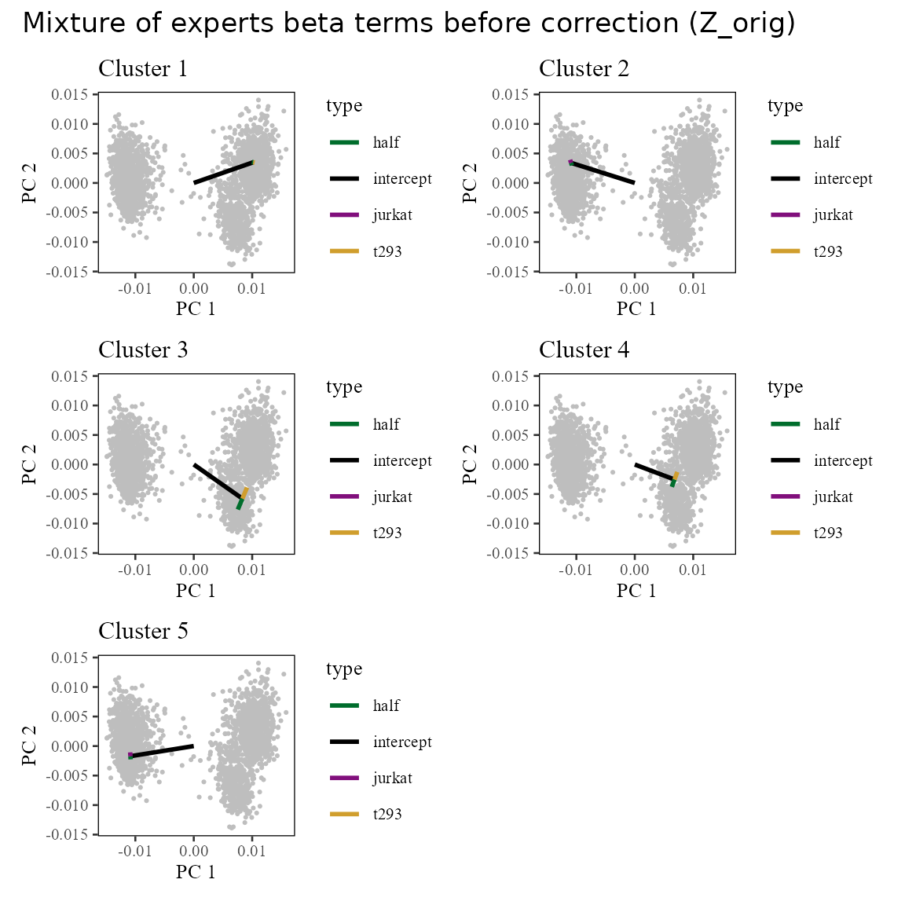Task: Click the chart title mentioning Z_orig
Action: [409, 24]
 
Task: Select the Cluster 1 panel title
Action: [143, 69]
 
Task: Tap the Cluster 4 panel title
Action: [584, 350]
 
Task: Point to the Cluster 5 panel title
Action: [143, 632]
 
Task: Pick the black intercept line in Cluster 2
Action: [603, 173]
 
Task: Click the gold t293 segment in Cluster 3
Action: [245, 493]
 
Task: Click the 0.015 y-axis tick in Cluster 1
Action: [70, 95]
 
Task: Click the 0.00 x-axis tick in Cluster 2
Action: [635, 288]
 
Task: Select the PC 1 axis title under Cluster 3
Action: [196, 590]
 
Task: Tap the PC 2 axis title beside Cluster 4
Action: [471, 464]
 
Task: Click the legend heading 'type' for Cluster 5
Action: [344, 669]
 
